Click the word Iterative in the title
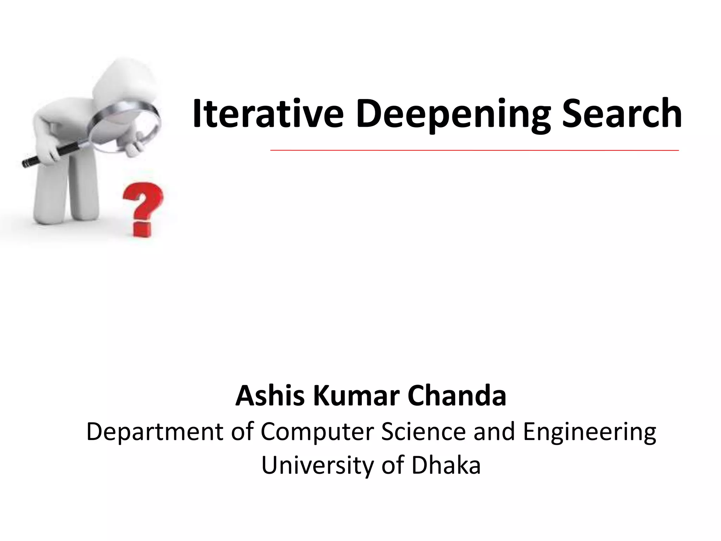point(268,113)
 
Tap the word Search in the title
point(622,113)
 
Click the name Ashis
point(270,396)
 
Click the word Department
point(155,432)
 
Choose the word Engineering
point(589,432)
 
